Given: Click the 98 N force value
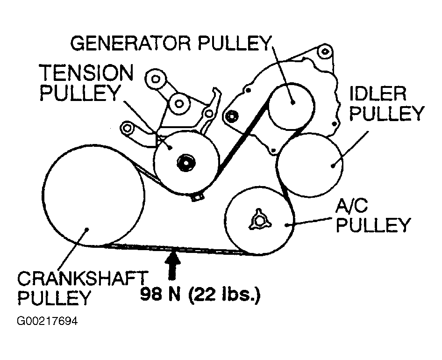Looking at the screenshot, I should click(159, 295).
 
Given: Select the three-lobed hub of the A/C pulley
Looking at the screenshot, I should click(259, 219).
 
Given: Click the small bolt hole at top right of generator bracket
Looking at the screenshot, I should click(326, 50).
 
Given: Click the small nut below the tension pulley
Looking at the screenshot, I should click(198, 197).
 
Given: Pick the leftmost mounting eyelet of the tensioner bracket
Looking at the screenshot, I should click(127, 127).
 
